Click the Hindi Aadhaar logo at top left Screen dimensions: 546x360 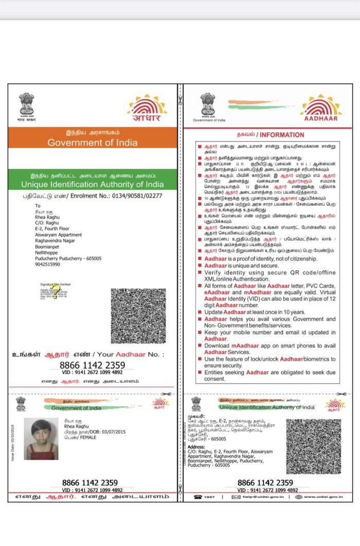147,108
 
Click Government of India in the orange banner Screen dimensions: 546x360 93,143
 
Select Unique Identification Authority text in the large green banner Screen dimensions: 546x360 93,184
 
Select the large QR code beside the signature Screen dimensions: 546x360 138,316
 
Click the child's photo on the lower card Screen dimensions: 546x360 44,438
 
